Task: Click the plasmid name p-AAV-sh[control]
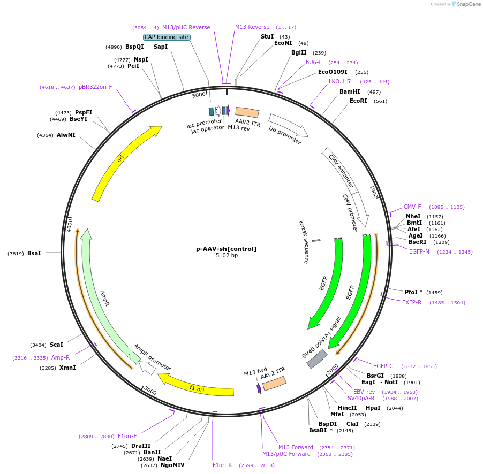(227, 249)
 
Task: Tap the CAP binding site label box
(167, 37)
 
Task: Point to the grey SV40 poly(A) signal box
(317, 359)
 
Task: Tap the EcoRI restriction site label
(358, 101)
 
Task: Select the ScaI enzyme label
(56, 345)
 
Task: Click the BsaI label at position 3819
(34, 253)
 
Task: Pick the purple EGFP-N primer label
(419, 251)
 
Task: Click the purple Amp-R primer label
(61, 357)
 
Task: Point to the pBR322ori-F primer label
(95, 87)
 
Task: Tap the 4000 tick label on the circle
(70, 225)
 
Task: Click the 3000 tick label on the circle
(150, 392)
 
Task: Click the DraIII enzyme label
(141, 446)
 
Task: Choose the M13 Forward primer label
(296, 447)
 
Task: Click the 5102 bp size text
(227, 256)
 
